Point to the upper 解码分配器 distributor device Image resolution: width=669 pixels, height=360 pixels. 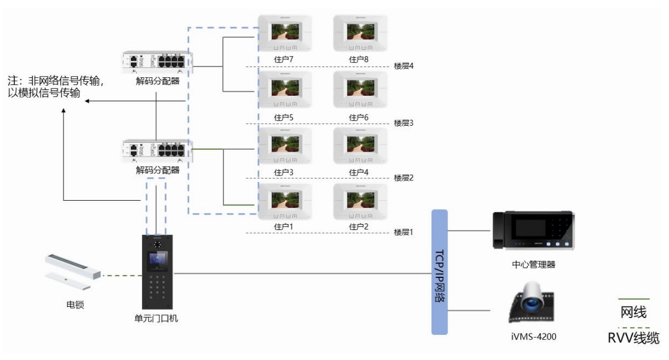click(158, 62)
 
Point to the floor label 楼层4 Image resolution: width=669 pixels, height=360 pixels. click(404, 66)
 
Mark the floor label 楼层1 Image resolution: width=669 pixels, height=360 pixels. click(404, 231)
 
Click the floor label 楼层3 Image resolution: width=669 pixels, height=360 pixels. click(404, 122)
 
